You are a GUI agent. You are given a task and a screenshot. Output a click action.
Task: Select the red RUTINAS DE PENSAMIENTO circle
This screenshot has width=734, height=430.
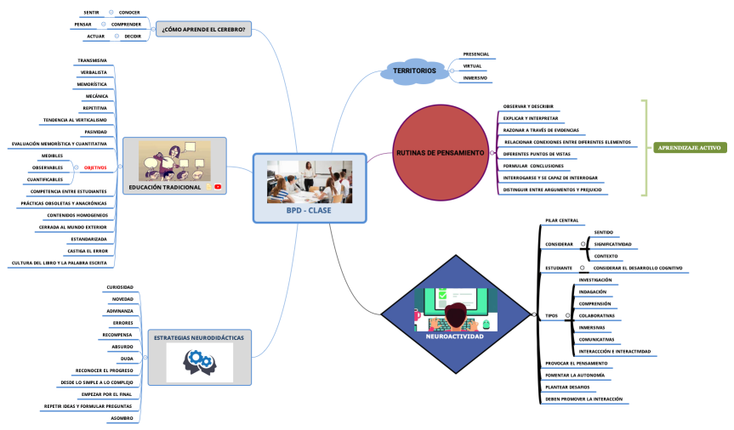441,152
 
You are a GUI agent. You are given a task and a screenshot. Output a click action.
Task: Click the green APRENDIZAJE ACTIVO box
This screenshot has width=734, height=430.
689,147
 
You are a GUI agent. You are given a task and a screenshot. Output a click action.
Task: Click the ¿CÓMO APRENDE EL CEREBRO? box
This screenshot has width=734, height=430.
202,30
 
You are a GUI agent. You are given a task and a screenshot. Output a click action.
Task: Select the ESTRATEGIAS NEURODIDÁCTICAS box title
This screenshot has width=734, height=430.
198,337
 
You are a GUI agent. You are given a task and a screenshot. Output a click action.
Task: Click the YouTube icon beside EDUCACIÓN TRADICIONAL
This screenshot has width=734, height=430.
219,187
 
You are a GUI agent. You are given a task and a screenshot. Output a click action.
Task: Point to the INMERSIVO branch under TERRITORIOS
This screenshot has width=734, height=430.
475,78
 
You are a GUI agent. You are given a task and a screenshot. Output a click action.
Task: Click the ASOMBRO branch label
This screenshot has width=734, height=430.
120,418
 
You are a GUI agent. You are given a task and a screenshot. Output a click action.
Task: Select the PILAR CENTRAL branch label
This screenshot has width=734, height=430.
562,221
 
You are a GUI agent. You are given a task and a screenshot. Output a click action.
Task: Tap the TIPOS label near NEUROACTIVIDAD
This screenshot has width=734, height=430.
551,315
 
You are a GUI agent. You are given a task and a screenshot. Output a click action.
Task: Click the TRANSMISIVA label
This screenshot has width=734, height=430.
92,61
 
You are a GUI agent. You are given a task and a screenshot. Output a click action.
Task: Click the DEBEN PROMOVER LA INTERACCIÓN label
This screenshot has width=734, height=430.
583,399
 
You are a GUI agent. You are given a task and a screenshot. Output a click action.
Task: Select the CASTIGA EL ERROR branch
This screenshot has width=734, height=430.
88,252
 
